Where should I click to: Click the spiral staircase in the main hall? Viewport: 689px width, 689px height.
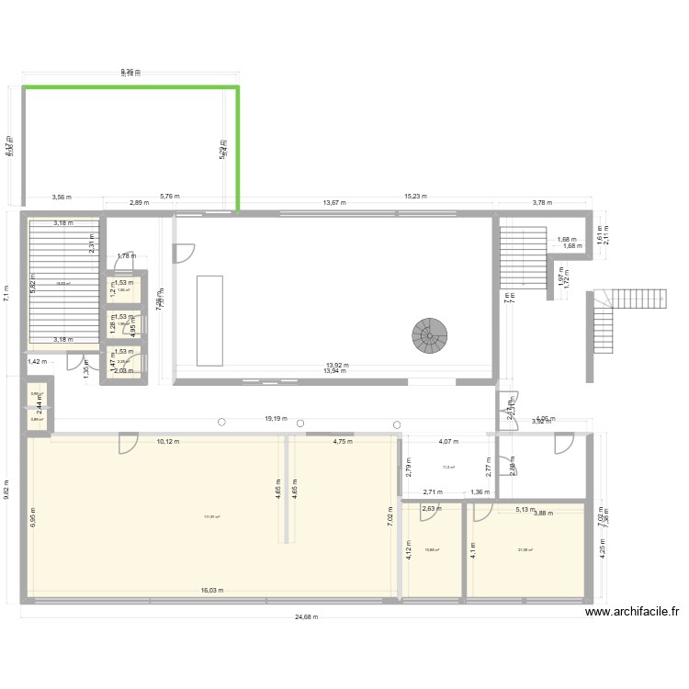click(429, 336)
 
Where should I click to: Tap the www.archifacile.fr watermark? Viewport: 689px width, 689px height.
click(630, 613)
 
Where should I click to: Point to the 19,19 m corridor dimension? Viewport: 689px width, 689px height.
click(275, 419)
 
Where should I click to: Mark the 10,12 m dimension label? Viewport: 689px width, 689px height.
click(168, 442)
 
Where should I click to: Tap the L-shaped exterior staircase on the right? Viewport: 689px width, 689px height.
click(603, 322)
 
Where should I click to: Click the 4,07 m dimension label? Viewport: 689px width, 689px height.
click(448, 442)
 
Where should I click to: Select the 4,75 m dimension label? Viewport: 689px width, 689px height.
click(343, 442)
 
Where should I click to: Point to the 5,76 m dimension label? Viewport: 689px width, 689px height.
click(169, 196)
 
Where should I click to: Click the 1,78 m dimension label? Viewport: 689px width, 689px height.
click(125, 257)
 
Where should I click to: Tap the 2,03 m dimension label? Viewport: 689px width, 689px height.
click(124, 371)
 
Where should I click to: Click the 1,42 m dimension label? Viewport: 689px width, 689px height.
click(35, 362)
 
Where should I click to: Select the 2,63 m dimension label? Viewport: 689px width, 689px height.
click(432, 506)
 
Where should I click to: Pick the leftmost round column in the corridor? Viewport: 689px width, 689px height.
click(221, 424)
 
